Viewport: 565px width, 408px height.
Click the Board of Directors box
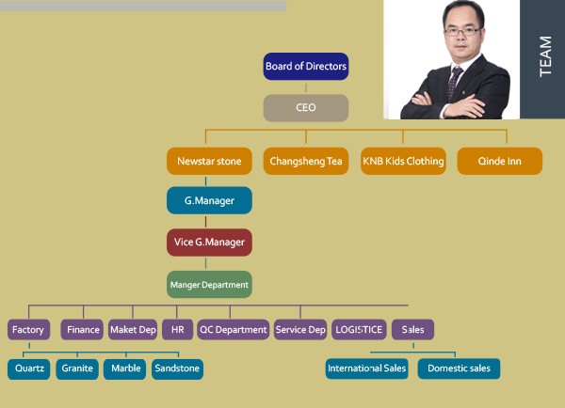(x=306, y=66)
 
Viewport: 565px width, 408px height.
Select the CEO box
(x=306, y=107)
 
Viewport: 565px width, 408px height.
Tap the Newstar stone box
(x=209, y=161)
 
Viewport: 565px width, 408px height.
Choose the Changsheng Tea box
(x=306, y=161)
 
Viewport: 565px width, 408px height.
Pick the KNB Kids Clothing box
(x=403, y=161)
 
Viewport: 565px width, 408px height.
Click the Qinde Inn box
(x=500, y=161)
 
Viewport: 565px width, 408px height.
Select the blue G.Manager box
(x=209, y=200)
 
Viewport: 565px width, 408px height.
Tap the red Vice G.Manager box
(x=209, y=243)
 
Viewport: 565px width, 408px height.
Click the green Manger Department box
(x=209, y=285)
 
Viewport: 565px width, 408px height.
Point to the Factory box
(x=28, y=330)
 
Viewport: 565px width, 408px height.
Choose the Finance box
(x=82, y=330)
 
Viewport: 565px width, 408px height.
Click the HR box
(x=178, y=330)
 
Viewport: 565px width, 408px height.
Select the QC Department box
(x=234, y=330)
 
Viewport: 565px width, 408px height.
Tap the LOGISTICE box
(x=359, y=330)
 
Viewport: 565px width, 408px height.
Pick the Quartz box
(x=29, y=369)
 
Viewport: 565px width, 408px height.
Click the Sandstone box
(x=177, y=369)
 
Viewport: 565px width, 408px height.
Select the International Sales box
(x=367, y=369)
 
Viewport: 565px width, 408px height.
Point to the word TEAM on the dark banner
(x=545, y=56)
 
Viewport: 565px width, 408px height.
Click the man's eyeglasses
(x=462, y=31)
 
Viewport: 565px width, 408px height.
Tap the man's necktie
(x=455, y=82)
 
